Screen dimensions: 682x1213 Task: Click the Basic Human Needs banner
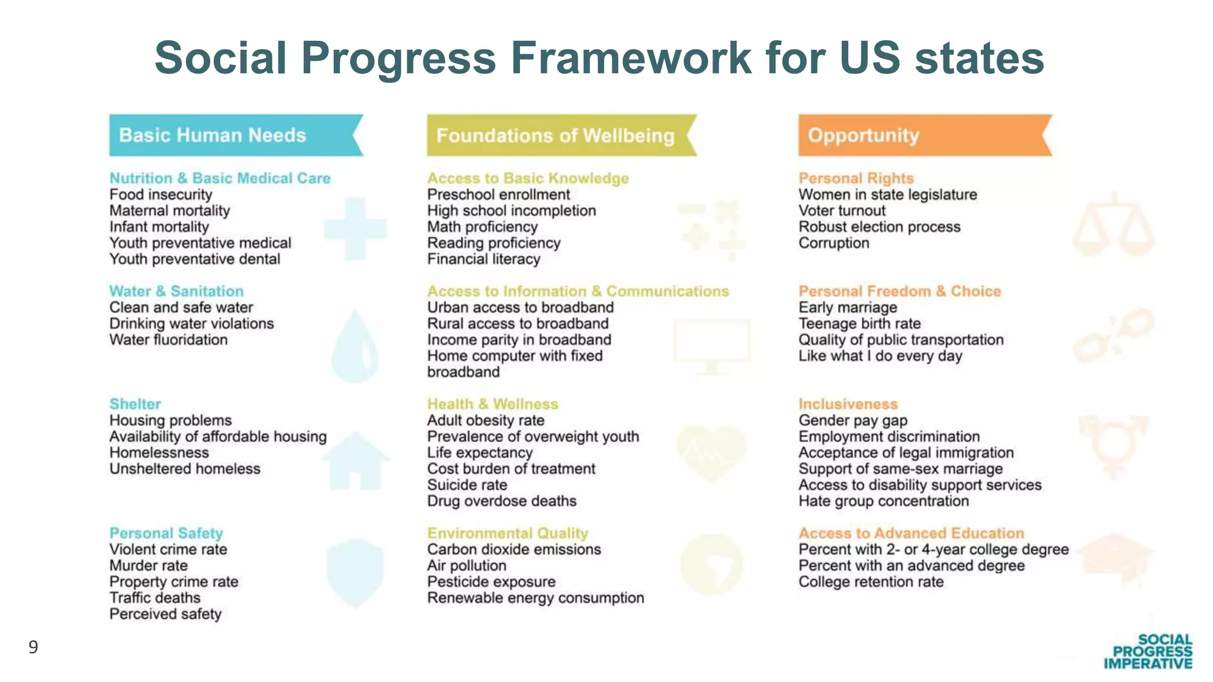click(x=235, y=135)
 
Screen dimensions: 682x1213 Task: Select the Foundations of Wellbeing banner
click(x=560, y=136)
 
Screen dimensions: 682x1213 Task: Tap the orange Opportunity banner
click(x=924, y=135)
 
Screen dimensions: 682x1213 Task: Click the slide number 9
click(x=33, y=647)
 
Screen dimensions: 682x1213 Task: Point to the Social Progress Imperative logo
click(x=1148, y=652)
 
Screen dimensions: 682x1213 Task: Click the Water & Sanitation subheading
click(x=177, y=291)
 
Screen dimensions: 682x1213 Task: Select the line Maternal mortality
click(x=169, y=211)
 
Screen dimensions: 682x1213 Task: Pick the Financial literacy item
click(x=483, y=259)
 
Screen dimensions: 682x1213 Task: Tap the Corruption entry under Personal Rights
click(x=833, y=243)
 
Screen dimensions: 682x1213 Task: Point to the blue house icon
click(x=355, y=461)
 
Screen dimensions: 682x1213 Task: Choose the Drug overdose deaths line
click(x=502, y=501)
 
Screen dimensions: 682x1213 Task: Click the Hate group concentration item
click(x=883, y=501)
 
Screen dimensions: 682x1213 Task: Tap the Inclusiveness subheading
click(x=848, y=404)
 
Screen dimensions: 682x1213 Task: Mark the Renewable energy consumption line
click(x=535, y=598)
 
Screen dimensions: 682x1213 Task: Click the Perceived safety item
click(x=165, y=614)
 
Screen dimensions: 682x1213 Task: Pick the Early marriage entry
click(x=848, y=308)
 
